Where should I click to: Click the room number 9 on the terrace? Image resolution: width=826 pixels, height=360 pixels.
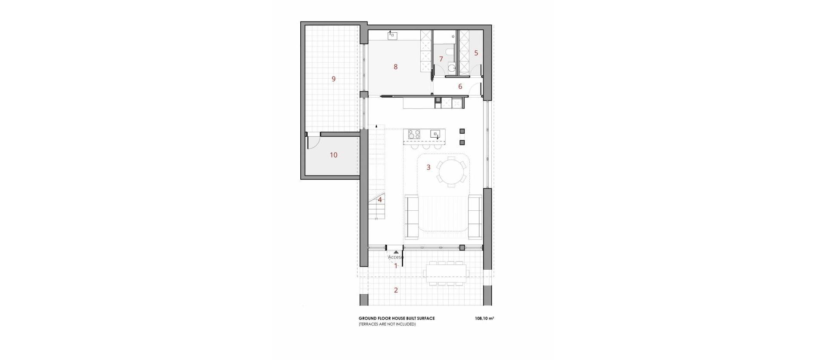pos(333,79)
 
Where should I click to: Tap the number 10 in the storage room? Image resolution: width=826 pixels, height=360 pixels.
pos(333,155)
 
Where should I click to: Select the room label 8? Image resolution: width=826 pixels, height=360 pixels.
pos(395,67)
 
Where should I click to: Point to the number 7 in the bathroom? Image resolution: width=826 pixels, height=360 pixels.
pos(441,59)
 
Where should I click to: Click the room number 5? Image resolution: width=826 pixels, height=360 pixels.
pos(476,53)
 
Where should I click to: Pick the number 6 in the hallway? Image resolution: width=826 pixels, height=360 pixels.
pos(460,86)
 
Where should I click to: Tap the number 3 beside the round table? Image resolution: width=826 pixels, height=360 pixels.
pos(428,167)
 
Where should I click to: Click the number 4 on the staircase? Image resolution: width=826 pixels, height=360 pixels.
pos(380,200)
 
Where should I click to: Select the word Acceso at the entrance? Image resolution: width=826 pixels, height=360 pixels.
pos(396,257)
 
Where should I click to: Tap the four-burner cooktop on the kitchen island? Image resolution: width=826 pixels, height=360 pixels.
pos(414,134)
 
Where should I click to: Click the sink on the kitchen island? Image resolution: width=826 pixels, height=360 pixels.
pos(435,134)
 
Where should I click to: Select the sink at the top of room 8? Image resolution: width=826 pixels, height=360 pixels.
pos(392,36)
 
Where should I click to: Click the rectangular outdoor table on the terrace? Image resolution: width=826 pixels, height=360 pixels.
pos(445,272)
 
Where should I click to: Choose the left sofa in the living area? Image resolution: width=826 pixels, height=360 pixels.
pos(412,216)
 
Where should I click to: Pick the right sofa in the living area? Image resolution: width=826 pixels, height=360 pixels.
pos(475,216)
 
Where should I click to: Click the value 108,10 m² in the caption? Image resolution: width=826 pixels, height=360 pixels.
pos(484,319)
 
